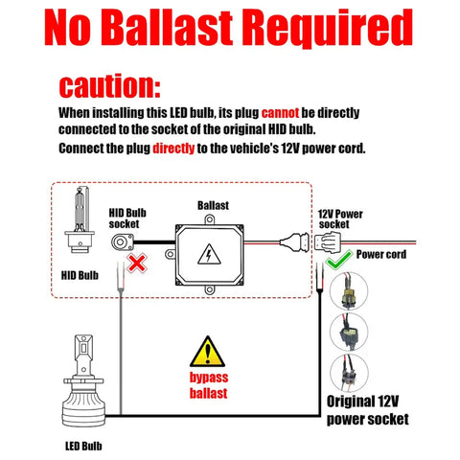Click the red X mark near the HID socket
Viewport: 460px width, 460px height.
pos(137,264)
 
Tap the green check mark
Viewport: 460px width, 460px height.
pos(338,260)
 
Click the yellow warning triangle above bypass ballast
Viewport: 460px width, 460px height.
pos(208,352)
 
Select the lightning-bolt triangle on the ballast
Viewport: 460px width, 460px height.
pos(209,255)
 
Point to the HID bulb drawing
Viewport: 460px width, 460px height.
pos(80,219)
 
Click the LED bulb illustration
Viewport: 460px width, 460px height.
pos(83,380)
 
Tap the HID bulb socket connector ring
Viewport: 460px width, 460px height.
pos(122,242)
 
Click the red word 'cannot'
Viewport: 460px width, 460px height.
pos(280,113)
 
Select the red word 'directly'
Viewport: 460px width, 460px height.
pos(173,149)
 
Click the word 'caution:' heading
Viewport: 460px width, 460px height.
pos(109,85)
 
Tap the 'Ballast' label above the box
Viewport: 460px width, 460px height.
pos(213,205)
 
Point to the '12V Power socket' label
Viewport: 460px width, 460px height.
pos(340,219)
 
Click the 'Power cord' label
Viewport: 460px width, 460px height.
pos(381,255)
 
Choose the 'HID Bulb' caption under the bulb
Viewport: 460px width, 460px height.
pos(80,275)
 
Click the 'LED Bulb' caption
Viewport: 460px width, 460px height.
pos(83,446)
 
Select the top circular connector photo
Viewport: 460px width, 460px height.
pos(349,291)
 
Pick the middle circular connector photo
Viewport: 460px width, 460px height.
pos(349,332)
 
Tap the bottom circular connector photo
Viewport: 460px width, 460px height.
pos(349,373)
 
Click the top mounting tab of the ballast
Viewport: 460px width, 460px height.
pos(209,219)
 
